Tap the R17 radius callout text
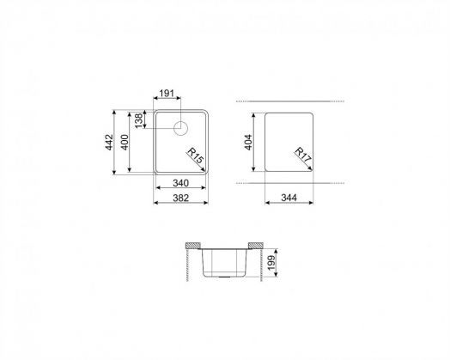click(x=302, y=156)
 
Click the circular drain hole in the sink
click(x=182, y=129)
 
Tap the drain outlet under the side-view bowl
click(x=222, y=278)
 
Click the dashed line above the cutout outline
click(x=292, y=102)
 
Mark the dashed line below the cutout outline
click(x=292, y=183)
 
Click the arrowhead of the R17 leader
click(x=313, y=168)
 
